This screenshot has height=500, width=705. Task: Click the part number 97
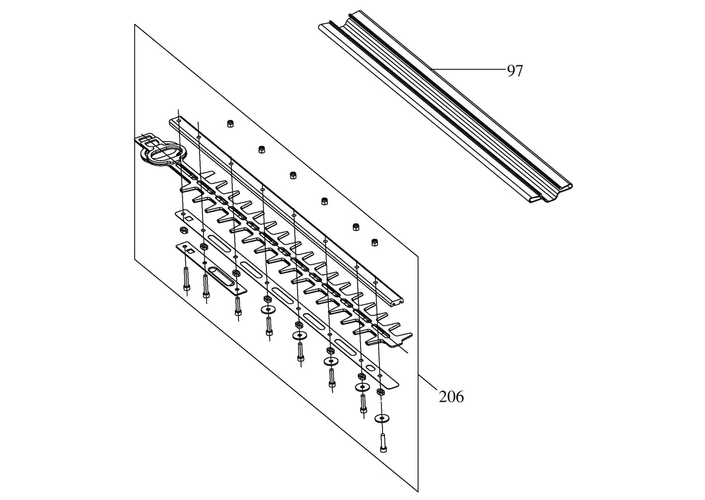pos(515,71)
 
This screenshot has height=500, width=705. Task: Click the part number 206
pos(451,397)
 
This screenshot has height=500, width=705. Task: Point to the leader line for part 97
pos(468,69)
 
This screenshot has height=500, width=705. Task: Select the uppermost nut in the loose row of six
pos(230,124)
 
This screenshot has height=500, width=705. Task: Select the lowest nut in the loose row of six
pos(374,242)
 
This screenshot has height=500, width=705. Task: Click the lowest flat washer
pos(382,418)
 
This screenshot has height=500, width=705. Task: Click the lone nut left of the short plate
pos(182,229)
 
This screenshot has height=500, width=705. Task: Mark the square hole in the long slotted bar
pos(188,218)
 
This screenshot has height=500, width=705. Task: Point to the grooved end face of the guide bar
pos(396,302)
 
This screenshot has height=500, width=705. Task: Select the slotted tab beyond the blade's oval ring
pos(147,139)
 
